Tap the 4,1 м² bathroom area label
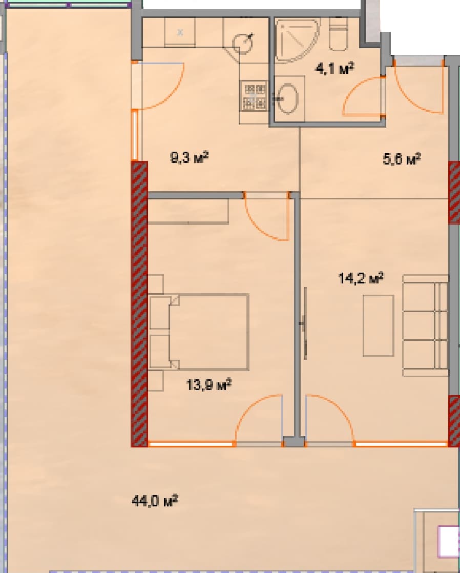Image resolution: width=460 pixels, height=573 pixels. click(x=336, y=68)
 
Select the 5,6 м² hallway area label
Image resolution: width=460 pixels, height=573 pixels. click(x=402, y=159)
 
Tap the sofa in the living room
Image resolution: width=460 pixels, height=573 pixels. click(x=425, y=325)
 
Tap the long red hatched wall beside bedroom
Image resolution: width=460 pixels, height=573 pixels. click(x=139, y=302)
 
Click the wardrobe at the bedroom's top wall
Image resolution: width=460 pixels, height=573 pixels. click(x=188, y=211)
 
